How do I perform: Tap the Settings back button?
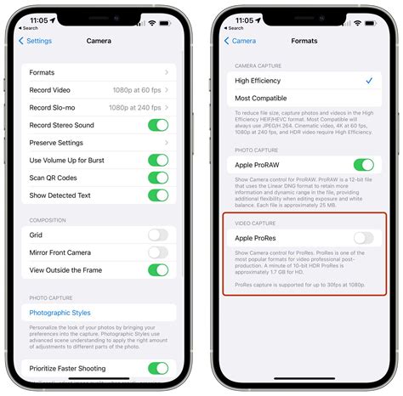pyautogui.click(x=36, y=41)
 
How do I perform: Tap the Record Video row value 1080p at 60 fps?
pyautogui.click(x=136, y=89)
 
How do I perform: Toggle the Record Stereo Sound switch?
pyautogui.click(x=158, y=125)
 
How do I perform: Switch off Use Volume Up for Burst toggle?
pyautogui.click(x=158, y=160)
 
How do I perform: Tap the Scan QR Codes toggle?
pyautogui.click(x=158, y=178)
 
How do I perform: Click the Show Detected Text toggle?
pyautogui.click(x=158, y=195)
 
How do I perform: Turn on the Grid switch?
pyautogui.click(x=158, y=235)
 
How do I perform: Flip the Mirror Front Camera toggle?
pyautogui.click(x=158, y=252)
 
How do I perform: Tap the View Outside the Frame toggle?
pyautogui.click(x=158, y=270)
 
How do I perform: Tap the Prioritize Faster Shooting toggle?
pyautogui.click(x=158, y=368)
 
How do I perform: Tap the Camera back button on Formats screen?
pyautogui.click(x=240, y=41)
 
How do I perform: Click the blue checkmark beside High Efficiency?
pyautogui.click(x=368, y=81)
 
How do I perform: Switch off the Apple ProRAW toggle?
pyautogui.click(x=364, y=165)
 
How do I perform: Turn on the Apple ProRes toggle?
pyautogui.click(x=364, y=239)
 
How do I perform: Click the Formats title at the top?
pyautogui.click(x=304, y=41)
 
